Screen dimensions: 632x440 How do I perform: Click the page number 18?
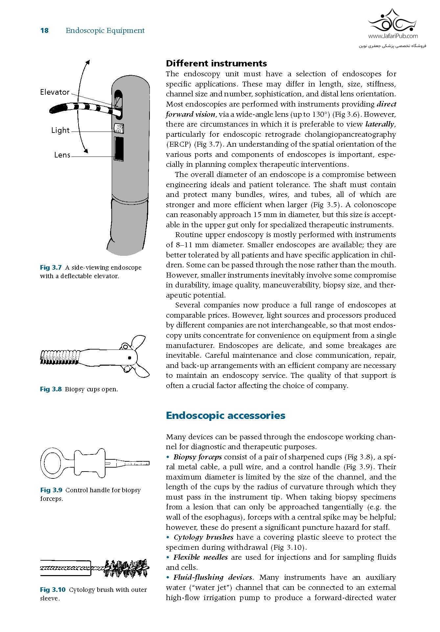tap(44, 31)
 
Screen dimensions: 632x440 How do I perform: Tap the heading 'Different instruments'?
tap(216, 63)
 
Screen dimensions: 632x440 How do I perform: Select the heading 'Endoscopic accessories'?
tap(225, 415)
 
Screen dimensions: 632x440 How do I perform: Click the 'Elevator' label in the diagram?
tap(55, 92)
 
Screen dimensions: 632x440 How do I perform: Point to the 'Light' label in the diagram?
tap(60, 130)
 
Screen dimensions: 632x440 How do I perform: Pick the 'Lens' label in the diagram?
tap(62, 155)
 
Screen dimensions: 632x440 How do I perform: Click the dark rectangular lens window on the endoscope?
tap(119, 149)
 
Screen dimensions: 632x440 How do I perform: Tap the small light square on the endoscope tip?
tap(119, 128)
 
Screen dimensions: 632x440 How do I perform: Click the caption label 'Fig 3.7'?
tap(51, 268)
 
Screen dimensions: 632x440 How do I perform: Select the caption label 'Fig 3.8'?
tap(51, 389)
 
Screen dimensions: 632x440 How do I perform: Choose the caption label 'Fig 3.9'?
tap(51, 490)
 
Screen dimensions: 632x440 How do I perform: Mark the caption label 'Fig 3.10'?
tap(53, 590)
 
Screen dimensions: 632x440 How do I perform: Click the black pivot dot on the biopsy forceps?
tap(129, 358)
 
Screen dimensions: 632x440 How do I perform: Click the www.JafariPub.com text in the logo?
tap(393, 36)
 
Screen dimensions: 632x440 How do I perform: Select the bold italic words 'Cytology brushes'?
tap(203, 537)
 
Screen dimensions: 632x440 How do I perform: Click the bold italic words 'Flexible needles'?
tap(200, 557)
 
